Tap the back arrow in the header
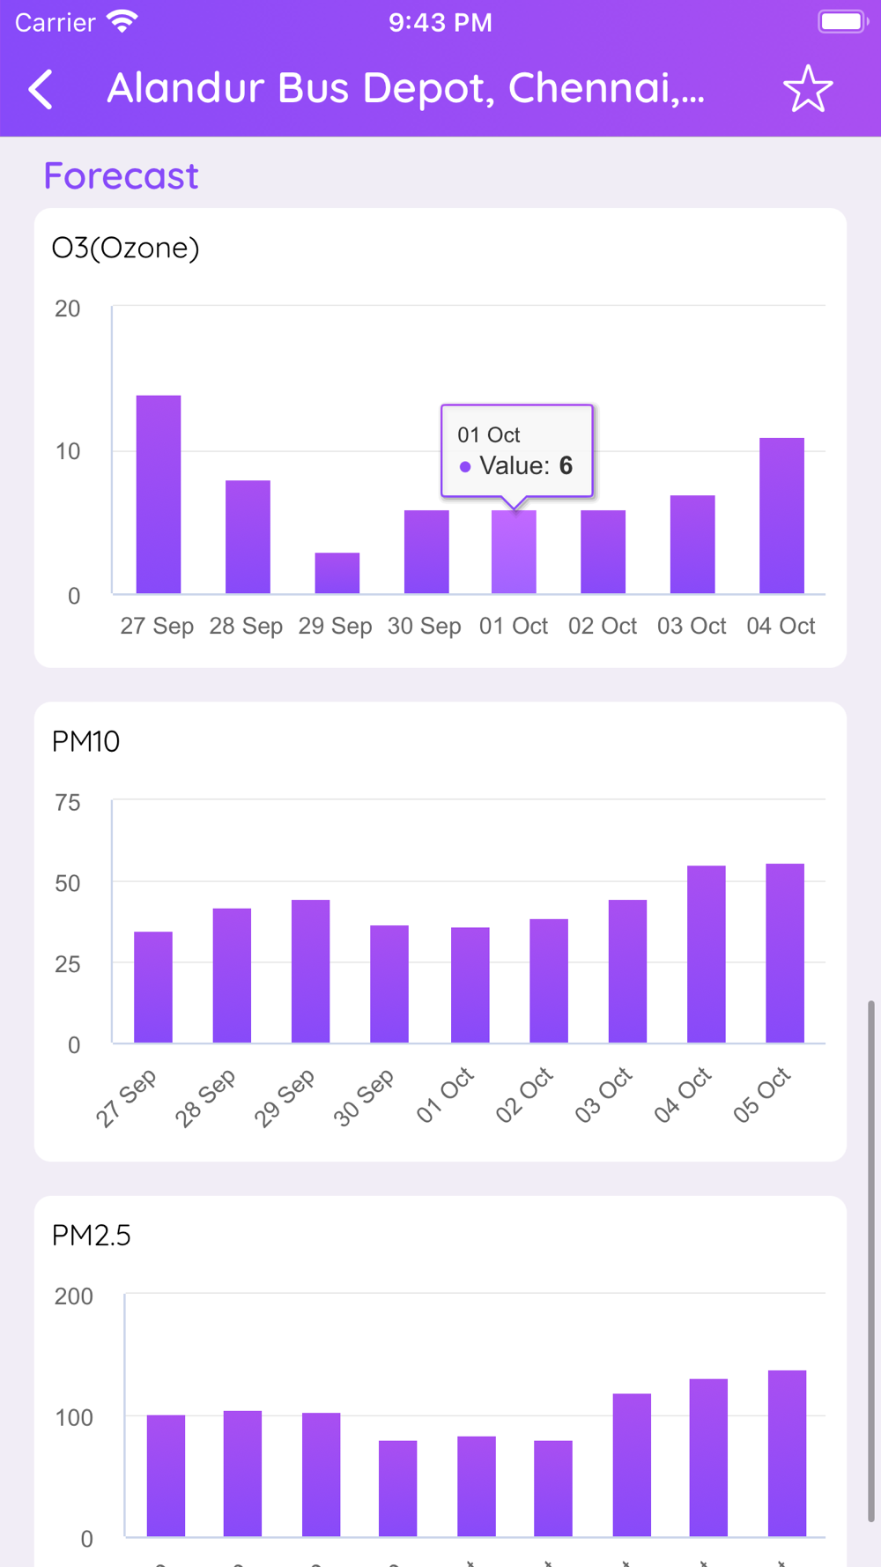click(41, 89)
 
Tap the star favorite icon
click(807, 89)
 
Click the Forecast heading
click(122, 176)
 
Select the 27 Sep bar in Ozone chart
click(159, 494)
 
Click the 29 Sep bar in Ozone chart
click(337, 573)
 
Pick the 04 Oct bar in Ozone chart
click(781, 516)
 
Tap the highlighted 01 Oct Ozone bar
click(514, 553)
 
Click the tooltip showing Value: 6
click(517, 451)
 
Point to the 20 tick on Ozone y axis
click(67, 309)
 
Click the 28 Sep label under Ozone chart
click(246, 626)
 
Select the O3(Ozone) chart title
click(126, 248)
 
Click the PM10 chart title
click(85, 741)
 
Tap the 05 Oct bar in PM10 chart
click(785, 954)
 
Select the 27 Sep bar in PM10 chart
click(153, 987)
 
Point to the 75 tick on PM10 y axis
click(67, 803)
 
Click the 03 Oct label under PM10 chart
click(603, 1095)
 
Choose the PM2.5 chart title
click(92, 1236)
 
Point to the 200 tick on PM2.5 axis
click(73, 1296)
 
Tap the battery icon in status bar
click(841, 22)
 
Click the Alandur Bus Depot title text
click(405, 88)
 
